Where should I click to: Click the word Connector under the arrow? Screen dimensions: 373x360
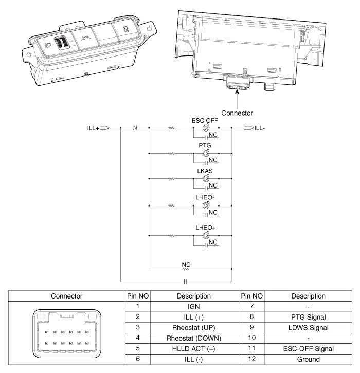pos(238,113)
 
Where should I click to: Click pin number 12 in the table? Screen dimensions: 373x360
pos(251,358)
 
